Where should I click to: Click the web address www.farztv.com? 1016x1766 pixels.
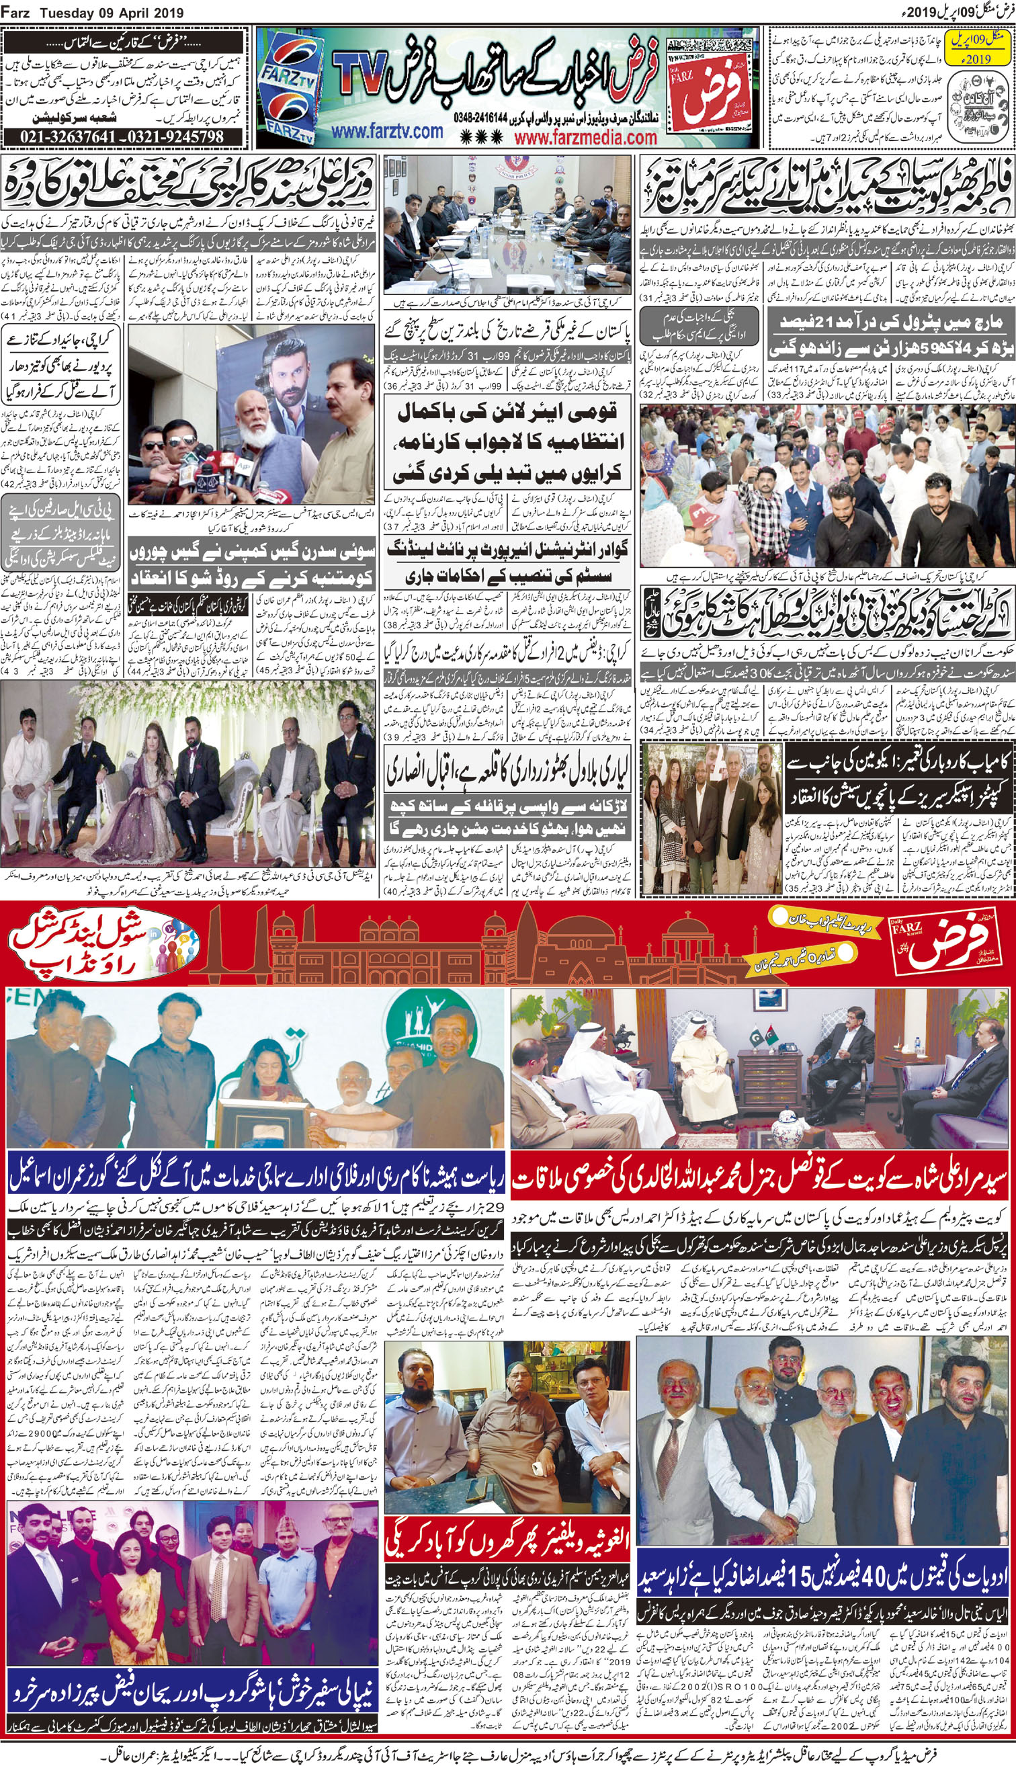pyautogui.click(x=387, y=131)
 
